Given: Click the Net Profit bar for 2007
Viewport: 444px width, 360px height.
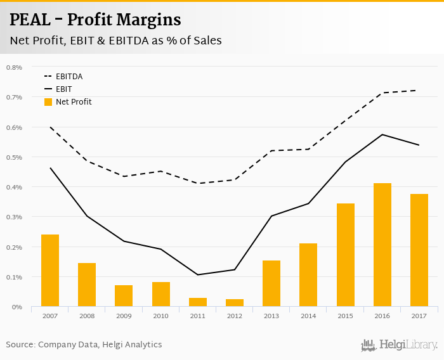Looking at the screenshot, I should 50,271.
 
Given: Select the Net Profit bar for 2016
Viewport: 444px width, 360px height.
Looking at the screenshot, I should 382,245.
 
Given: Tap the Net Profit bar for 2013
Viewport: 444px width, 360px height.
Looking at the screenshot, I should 271,283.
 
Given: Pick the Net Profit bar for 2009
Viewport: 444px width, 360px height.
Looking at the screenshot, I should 124,296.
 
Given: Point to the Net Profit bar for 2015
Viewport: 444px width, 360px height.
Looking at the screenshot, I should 345,255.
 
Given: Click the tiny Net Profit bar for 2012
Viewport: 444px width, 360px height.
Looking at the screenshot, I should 235,303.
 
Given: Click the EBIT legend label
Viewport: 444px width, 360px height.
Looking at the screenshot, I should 63,89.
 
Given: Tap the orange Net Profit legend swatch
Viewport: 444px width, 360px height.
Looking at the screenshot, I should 48,101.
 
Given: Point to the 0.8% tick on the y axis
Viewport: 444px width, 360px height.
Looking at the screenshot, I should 14,67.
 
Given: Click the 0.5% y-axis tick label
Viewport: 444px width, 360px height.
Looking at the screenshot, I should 14,157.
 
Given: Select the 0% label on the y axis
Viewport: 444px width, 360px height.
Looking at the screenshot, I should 17,307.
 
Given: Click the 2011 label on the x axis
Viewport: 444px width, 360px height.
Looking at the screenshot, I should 198,315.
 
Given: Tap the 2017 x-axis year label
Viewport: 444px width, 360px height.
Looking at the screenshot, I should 419,315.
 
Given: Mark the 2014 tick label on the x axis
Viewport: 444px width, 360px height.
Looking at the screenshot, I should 308,315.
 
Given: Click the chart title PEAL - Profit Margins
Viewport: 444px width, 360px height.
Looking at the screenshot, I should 95,20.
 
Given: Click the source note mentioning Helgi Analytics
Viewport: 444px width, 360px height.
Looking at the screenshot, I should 84,345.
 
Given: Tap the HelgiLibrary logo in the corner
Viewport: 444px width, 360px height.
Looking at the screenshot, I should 399,345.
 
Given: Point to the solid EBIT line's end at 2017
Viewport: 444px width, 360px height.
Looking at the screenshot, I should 419,145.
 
